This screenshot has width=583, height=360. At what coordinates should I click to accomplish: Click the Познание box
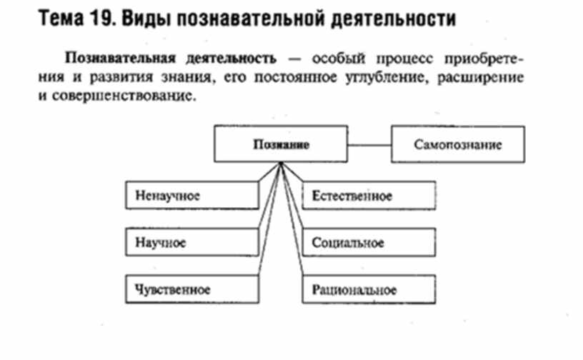(x=281, y=144)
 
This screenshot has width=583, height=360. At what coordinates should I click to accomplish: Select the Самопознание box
(x=457, y=144)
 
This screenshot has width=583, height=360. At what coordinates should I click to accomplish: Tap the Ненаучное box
(x=191, y=195)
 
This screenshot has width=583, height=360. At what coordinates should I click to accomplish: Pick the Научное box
(x=191, y=243)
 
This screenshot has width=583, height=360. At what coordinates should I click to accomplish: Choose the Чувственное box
(x=191, y=289)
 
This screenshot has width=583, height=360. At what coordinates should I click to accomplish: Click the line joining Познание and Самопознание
(x=370, y=144)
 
